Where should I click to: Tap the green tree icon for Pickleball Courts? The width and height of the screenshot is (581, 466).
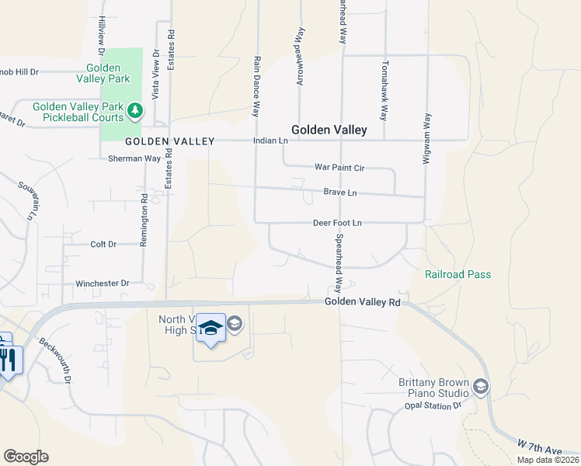click(136, 111)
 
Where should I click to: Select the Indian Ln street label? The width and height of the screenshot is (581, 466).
click(270, 141)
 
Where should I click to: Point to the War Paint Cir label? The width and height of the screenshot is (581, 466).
click(339, 167)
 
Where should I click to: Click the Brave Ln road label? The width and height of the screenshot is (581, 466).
click(340, 193)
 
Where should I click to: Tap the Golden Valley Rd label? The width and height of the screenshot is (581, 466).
click(362, 301)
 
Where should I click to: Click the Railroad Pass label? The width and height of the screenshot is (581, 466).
click(457, 274)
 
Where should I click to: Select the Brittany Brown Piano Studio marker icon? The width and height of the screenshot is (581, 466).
click(481, 387)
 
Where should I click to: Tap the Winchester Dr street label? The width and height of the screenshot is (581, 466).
click(102, 283)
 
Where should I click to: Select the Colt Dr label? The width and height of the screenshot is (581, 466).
click(103, 244)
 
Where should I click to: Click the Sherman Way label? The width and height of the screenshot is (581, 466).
click(134, 158)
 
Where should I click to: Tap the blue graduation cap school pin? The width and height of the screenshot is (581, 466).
click(210, 328)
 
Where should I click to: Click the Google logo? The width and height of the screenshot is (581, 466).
click(26, 457)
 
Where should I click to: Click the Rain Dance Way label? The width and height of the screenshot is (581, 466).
click(255, 85)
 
